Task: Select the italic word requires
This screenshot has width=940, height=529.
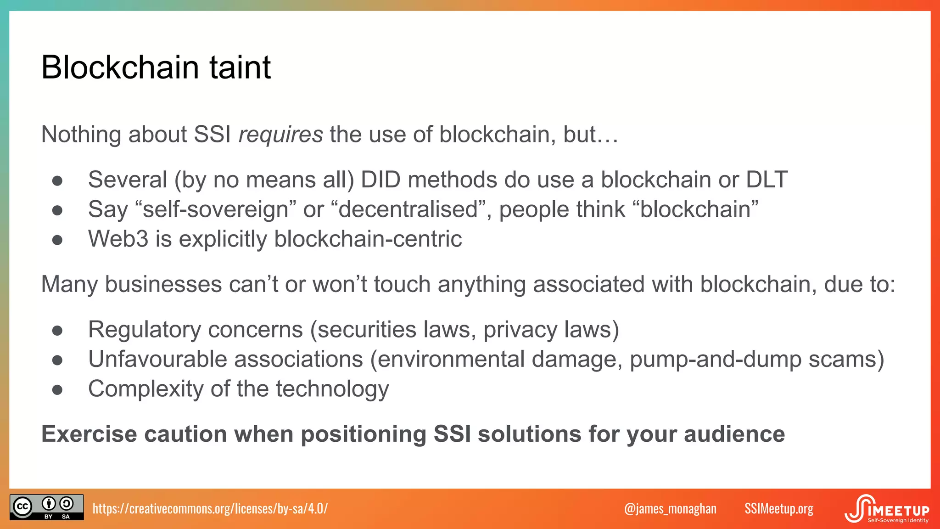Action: coord(280,135)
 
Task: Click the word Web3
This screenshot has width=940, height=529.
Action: coord(118,239)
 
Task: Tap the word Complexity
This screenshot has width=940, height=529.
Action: coord(145,389)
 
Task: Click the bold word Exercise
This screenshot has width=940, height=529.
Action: coord(89,434)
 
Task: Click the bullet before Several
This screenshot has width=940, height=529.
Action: coord(57,180)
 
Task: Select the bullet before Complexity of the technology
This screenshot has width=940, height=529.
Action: coord(57,390)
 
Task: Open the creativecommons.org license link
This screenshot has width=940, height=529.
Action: coord(210,508)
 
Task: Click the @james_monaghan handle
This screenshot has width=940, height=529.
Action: coord(670,508)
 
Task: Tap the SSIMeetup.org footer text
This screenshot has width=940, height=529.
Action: coord(778,508)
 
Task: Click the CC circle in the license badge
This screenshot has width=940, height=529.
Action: coord(22,507)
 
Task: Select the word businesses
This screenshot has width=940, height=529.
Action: coord(163,284)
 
